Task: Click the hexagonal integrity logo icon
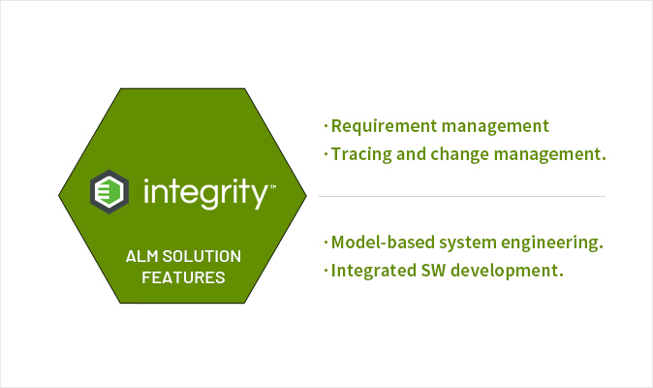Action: click(109, 192)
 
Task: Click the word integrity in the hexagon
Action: click(205, 192)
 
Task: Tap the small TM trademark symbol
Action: click(273, 186)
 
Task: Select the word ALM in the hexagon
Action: click(142, 256)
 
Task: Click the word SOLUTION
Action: click(202, 256)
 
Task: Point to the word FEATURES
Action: click(183, 277)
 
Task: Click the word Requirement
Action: click(384, 126)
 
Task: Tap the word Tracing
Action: click(361, 154)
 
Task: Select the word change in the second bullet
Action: click(460, 154)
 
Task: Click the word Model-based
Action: click(383, 242)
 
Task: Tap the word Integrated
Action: click(374, 271)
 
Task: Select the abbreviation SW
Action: click(433, 271)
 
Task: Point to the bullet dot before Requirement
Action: click(326, 126)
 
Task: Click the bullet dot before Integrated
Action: click(326, 271)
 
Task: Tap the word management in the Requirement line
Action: click(495, 127)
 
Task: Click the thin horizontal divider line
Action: click(462, 196)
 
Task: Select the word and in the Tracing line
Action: click(411, 154)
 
